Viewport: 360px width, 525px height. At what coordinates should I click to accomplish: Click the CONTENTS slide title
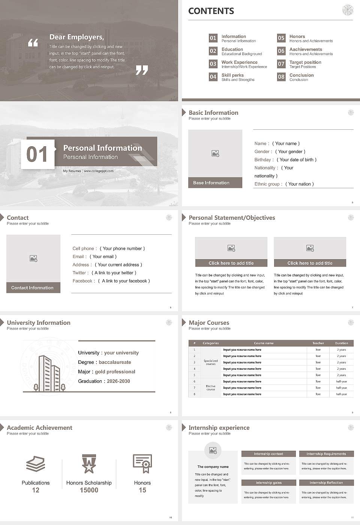click(x=211, y=11)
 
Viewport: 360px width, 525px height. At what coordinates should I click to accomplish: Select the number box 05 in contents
click(x=281, y=38)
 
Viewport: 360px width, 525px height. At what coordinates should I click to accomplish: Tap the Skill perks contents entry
click(x=232, y=75)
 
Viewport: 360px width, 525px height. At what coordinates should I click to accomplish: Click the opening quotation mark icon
click(x=33, y=43)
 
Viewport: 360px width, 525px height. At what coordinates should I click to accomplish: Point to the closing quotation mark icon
click(x=142, y=70)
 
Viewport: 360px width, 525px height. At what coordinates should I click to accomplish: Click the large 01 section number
click(x=37, y=154)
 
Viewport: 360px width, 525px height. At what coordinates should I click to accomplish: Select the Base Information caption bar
click(x=215, y=183)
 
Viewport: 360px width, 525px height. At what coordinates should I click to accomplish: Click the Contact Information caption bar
click(x=33, y=288)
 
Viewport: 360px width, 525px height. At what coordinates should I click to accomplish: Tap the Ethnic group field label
click(x=267, y=184)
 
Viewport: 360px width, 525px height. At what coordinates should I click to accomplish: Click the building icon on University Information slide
click(x=49, y=373)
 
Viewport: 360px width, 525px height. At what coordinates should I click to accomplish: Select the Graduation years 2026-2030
click(x=118, y=381)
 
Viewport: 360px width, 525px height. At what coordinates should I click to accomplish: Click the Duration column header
click(x=341, y=343)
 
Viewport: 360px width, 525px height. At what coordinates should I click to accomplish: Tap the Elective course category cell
click(x=211, y=388)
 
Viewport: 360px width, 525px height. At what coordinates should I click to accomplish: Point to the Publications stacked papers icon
click(x=36, y=464)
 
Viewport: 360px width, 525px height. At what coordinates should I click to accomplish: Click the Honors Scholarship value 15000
click(x=89, y=490)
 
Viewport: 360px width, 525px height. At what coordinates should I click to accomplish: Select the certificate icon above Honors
click(x=142, y=463)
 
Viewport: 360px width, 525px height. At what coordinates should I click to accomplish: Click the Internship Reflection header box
click(x=326, y=483)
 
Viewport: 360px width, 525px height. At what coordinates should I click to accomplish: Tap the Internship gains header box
click(x=268, y=483)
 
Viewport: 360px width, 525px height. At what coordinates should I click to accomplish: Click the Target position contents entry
click(x=305, y=62)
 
